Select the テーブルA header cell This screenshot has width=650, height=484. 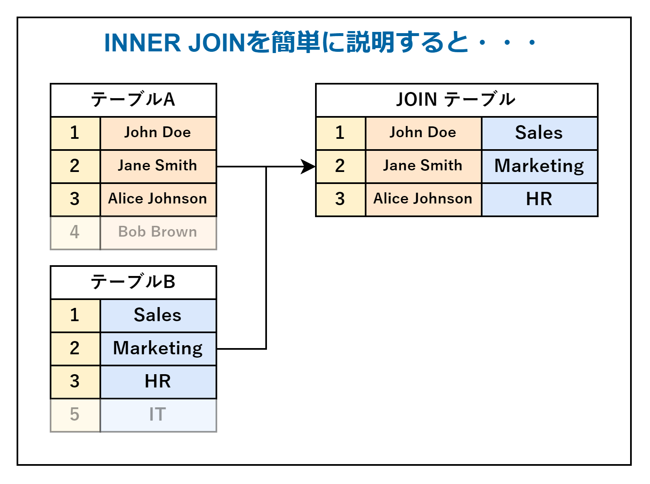click(133, 100)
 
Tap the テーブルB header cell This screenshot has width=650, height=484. click(133, 282)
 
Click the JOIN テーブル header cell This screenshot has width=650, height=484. click(456, 100)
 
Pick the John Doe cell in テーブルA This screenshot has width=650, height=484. click(158, 133)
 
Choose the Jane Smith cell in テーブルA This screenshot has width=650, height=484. click(158, 166)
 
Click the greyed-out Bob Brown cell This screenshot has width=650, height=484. click(158, 232)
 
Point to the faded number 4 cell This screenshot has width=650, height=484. click(75, 232)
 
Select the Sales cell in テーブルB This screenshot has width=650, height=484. click(158, 315)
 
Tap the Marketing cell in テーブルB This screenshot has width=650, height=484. click(158, 348)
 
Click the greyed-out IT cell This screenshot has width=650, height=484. click(158, 415)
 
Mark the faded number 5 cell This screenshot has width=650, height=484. click(75, 415)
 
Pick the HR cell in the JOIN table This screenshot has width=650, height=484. click(539, 199)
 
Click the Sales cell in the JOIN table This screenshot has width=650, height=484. click(539, 133)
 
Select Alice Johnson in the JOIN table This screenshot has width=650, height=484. click(423, 199)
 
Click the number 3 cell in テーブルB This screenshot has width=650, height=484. click(75, 382)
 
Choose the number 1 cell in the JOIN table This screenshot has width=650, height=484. click(340, 133)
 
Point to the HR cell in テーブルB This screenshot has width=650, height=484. click(158, 382)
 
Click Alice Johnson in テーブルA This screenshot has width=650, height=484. click(158, 199)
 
